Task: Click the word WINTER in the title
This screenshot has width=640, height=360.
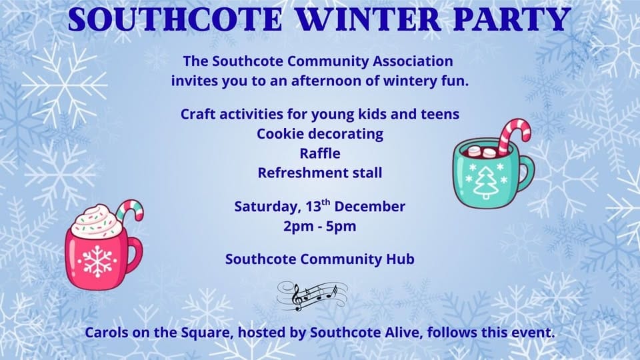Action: pos(368,19)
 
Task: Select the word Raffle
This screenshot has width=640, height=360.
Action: pos(320,153)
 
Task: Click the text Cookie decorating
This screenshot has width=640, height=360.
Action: pos(320,134)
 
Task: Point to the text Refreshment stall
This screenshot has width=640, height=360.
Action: pos(320,173)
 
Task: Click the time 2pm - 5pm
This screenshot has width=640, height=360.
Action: pos(320,226)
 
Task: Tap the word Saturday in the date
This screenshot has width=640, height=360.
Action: pos(268,207)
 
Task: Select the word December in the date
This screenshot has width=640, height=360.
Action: pos(370,206)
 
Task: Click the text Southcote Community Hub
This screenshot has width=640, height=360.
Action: pos(320,259)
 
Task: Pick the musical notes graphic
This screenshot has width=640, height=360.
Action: pos(312,296)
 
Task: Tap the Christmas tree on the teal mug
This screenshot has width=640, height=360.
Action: pos(486,183)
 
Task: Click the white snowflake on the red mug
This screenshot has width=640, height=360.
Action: pos(97,261)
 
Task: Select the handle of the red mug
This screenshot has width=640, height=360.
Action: pos(135,255)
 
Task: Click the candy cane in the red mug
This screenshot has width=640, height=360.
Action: pos(130,210)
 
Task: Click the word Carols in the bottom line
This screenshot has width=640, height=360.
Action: pos(106,333)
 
